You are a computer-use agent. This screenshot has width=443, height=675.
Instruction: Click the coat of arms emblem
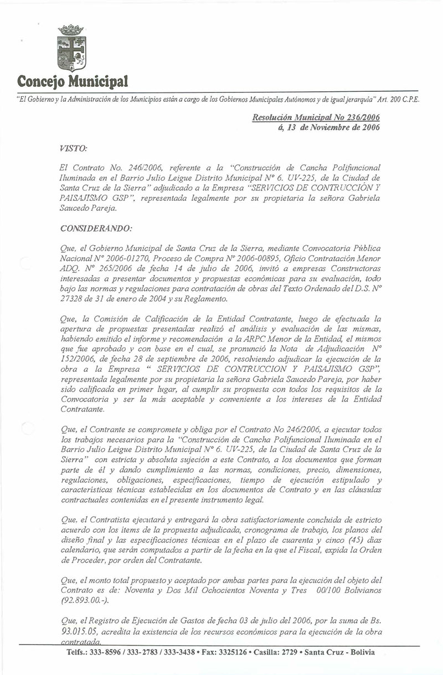71,48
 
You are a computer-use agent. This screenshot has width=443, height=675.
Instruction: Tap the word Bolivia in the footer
360,652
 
